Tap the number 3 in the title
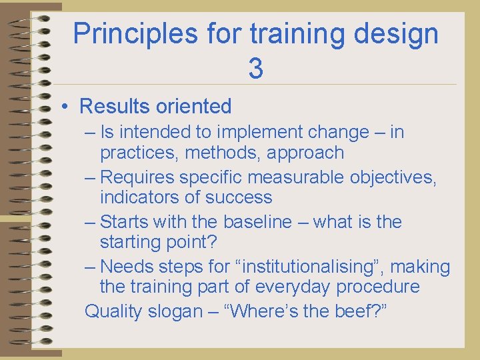[x=255, y=68]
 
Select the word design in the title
[x=397, y=33]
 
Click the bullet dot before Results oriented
[x=67, y=107]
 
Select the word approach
[x=305, y=153]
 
